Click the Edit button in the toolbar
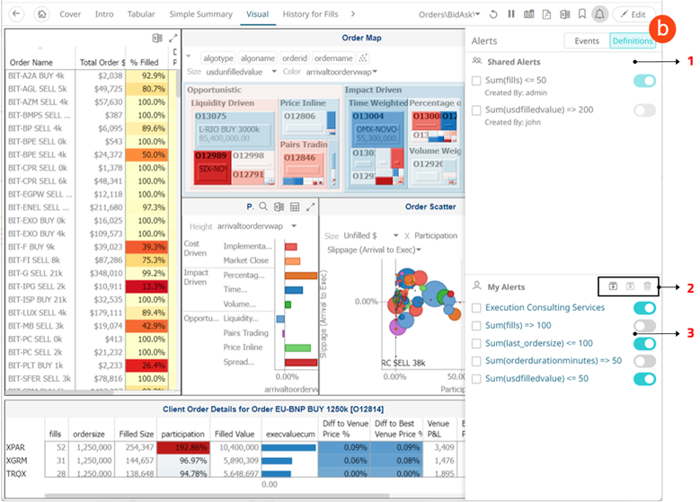634,14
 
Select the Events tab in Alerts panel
587,40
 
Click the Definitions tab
632,40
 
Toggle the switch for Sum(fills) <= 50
644,82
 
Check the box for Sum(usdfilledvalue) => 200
476,110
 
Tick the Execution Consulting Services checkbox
476,308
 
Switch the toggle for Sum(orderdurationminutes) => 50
644,361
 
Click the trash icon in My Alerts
647,286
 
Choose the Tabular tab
141,14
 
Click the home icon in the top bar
41,14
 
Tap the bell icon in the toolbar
599,14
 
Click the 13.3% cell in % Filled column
147,286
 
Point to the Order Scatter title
430,207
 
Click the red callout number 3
690,333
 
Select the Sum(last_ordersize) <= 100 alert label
539,343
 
